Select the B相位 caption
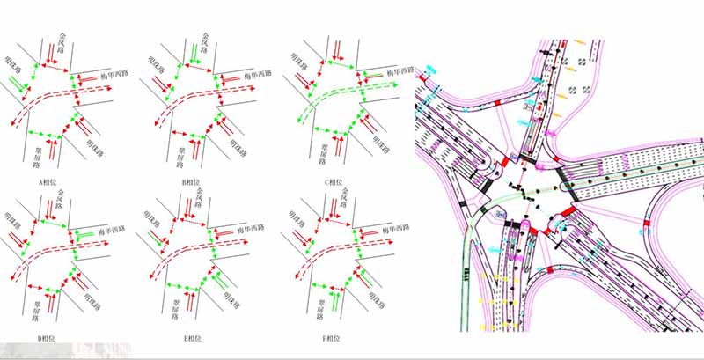[190, 182]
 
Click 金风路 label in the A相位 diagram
[62, 43]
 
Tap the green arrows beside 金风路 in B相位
[192, 53]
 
